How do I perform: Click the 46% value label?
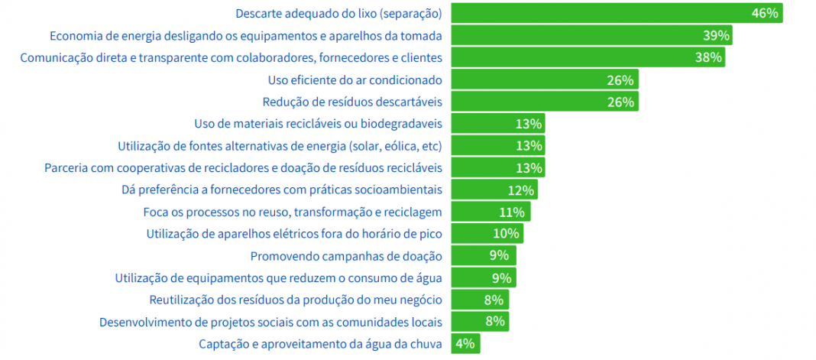click(x=765, y=14)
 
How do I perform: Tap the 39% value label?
click(x=717, y=36)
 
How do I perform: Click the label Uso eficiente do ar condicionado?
click(x=355, y=79)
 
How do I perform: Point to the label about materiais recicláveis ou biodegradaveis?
click(x=318, y=124)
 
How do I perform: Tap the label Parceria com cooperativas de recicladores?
click(x=243, y=167)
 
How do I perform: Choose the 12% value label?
click(x=520, y=190)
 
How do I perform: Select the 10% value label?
click(x=507, y=234)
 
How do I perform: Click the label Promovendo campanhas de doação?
click(x=346, y=256)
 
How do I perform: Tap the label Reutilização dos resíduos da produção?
click(x=296, y=300)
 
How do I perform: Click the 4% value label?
click(x=465, y=344)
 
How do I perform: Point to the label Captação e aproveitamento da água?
click(x=319, y=344)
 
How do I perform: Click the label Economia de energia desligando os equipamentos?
click(x=245, y=36)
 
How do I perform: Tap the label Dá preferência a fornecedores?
click(x=282, y=190)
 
